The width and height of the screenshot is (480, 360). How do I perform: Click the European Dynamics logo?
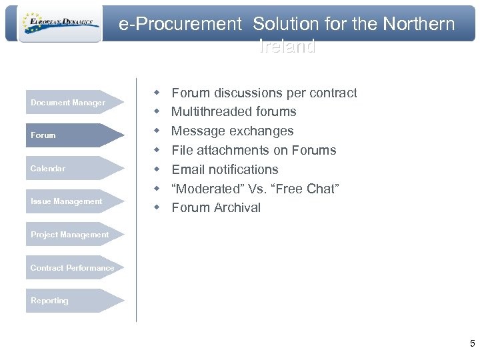click(x=60, y=24)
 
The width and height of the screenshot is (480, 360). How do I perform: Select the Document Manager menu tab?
click(x=68, y=103)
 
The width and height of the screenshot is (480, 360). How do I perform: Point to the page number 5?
click(x=472, y=344)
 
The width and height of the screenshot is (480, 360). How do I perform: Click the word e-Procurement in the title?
click(x=180, y=25)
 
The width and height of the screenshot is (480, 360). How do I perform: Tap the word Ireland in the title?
click(x=287, y=47)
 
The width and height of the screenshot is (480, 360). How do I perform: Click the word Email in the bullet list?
click(x=188, y=170)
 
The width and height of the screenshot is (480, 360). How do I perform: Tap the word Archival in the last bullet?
click(x=237, y=208)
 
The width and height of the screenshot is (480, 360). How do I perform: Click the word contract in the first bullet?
click(x=332, y=93)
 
